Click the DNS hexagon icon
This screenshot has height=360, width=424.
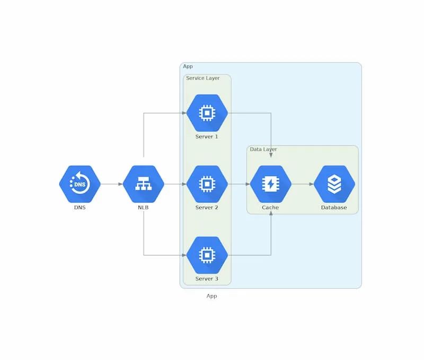pos(79,184)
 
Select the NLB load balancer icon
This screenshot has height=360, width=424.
pos(143,184)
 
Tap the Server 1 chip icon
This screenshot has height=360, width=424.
pos(207,113)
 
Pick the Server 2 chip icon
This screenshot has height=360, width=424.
pos(207,184)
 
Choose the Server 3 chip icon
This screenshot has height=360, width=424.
pos(207,255)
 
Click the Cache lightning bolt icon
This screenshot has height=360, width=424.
pos(270,184)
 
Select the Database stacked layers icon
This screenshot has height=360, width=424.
pos(334,184)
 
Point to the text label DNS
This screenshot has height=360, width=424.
pos(79,207)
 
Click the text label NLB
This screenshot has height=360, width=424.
pos(143,207)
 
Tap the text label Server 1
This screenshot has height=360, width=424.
pos(207,136)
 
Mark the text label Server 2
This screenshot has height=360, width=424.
pos(207,207)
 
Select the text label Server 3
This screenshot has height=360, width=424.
pos(207,278)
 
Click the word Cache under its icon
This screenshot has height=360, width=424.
pos(270,207)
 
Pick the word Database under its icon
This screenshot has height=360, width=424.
pos(334,207)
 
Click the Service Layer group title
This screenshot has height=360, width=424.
pos(202,78)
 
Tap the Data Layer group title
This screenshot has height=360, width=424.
pos(263,150)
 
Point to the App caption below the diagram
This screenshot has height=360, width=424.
pos(211,296)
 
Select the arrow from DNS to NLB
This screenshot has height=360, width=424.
pos(111,184)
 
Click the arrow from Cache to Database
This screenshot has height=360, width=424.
pos(302,184)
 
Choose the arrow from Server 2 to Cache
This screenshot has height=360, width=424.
pos(238,184)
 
